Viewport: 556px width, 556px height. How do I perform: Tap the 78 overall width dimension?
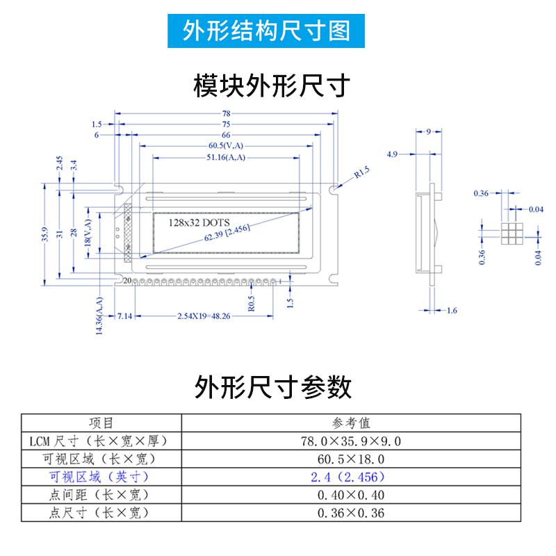tap(227, 113)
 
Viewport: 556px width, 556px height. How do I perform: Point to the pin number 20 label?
tap(127, 281)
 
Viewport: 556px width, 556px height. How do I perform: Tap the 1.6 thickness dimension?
tap(451, 310)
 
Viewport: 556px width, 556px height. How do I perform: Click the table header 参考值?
tap(351, 423)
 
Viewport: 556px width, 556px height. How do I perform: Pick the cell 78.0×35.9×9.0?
tap(351, 441)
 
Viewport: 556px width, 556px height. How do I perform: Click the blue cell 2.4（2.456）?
tap(351, 477)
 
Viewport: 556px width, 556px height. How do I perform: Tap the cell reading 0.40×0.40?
tap(351, 495)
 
